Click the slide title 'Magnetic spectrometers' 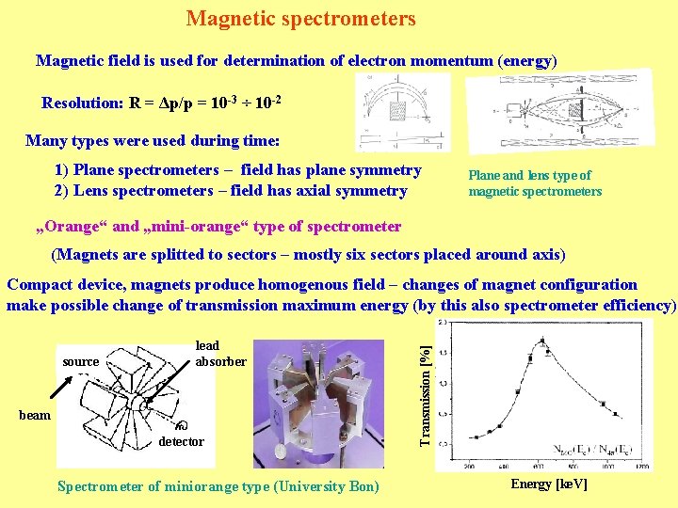coord(300,19)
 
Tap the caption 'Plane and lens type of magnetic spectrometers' coord(534,183)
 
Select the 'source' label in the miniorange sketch coord(80,361)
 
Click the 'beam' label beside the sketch coord(35,415)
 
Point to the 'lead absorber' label coord(220,354)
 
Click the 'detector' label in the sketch coord(181,441)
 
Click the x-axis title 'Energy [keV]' coord(548,484)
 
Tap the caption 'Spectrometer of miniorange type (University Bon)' coord(218,486)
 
